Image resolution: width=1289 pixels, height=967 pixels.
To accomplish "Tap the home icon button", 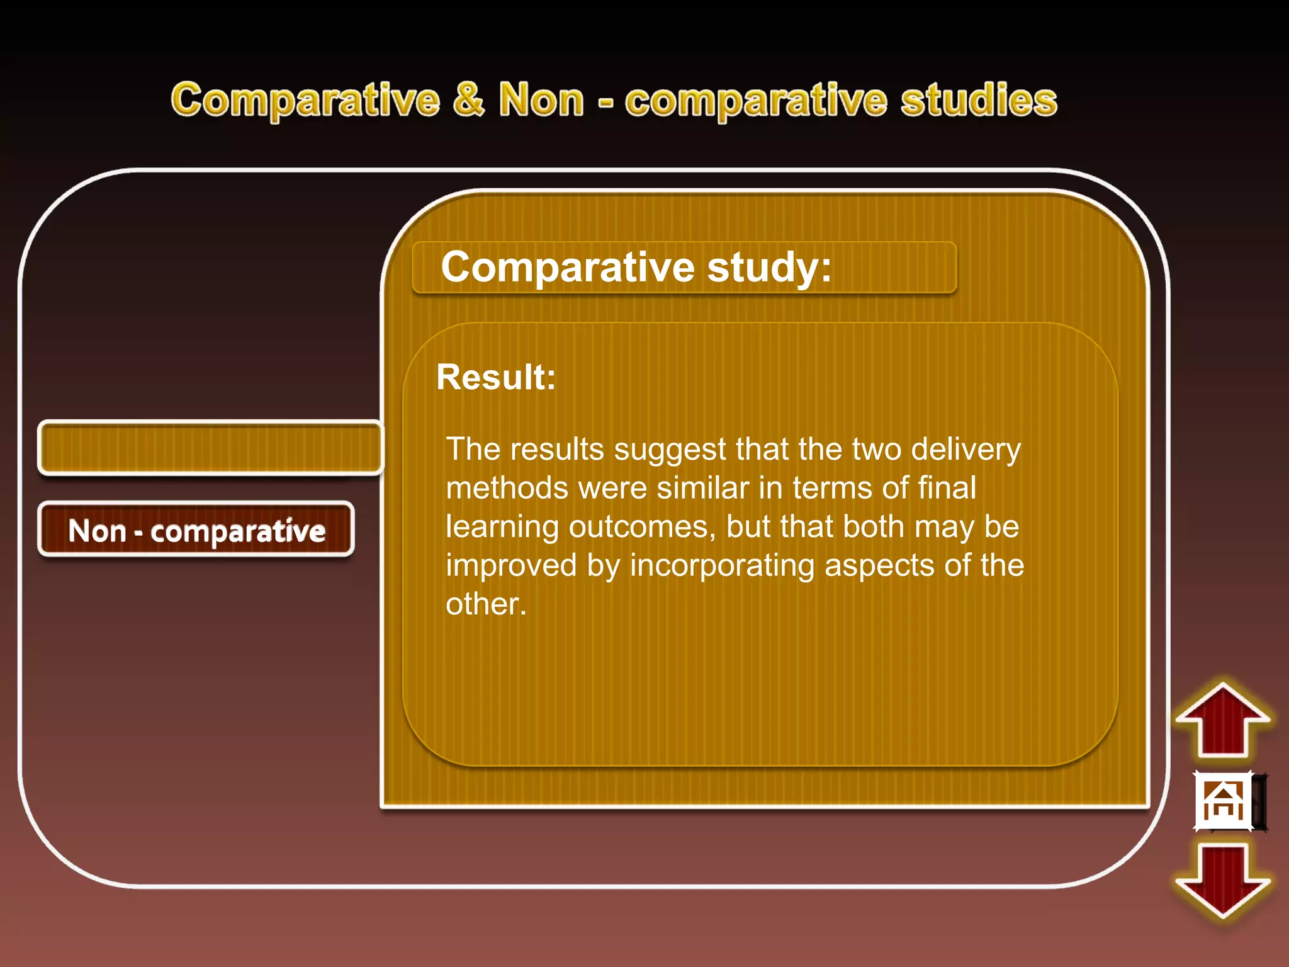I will [x=1224, y=801].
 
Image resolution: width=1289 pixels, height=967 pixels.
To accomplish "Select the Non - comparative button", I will [x=196, y=530].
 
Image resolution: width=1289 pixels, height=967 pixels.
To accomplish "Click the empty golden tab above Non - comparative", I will [x=210, y=448].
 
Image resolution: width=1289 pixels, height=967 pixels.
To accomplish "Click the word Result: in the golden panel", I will [x=496, y=377].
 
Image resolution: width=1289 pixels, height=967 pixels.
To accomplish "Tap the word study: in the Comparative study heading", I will [x=769, y=268].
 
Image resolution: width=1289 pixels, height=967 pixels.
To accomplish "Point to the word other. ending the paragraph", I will [x=485, y=604].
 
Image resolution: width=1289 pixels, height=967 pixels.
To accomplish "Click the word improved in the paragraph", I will [x=511, y=565].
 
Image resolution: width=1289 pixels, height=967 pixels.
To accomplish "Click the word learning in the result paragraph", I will [x=502, y=528].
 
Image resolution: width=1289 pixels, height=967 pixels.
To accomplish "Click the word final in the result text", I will [x=947, y=488].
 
